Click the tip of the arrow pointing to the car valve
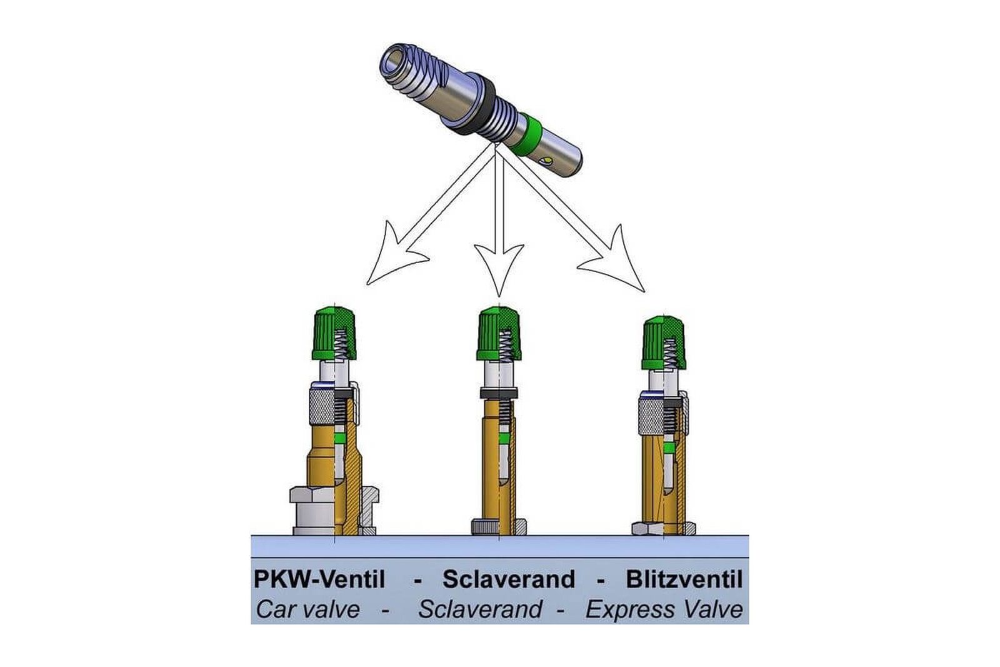click(367, 284)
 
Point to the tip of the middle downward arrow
click(499, 296)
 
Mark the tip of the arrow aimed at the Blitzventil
click(644, 292)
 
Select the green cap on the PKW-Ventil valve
click(334, 333)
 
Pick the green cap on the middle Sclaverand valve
click(499, 334)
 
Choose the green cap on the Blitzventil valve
click(664, 343)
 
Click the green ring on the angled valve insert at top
click(527, 135)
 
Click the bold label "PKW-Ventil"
click(319, 579)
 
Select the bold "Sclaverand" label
click(509, 579)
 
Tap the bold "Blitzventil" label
click(684, 579)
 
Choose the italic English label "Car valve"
click(308, 610)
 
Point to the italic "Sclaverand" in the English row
click(481, 610)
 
